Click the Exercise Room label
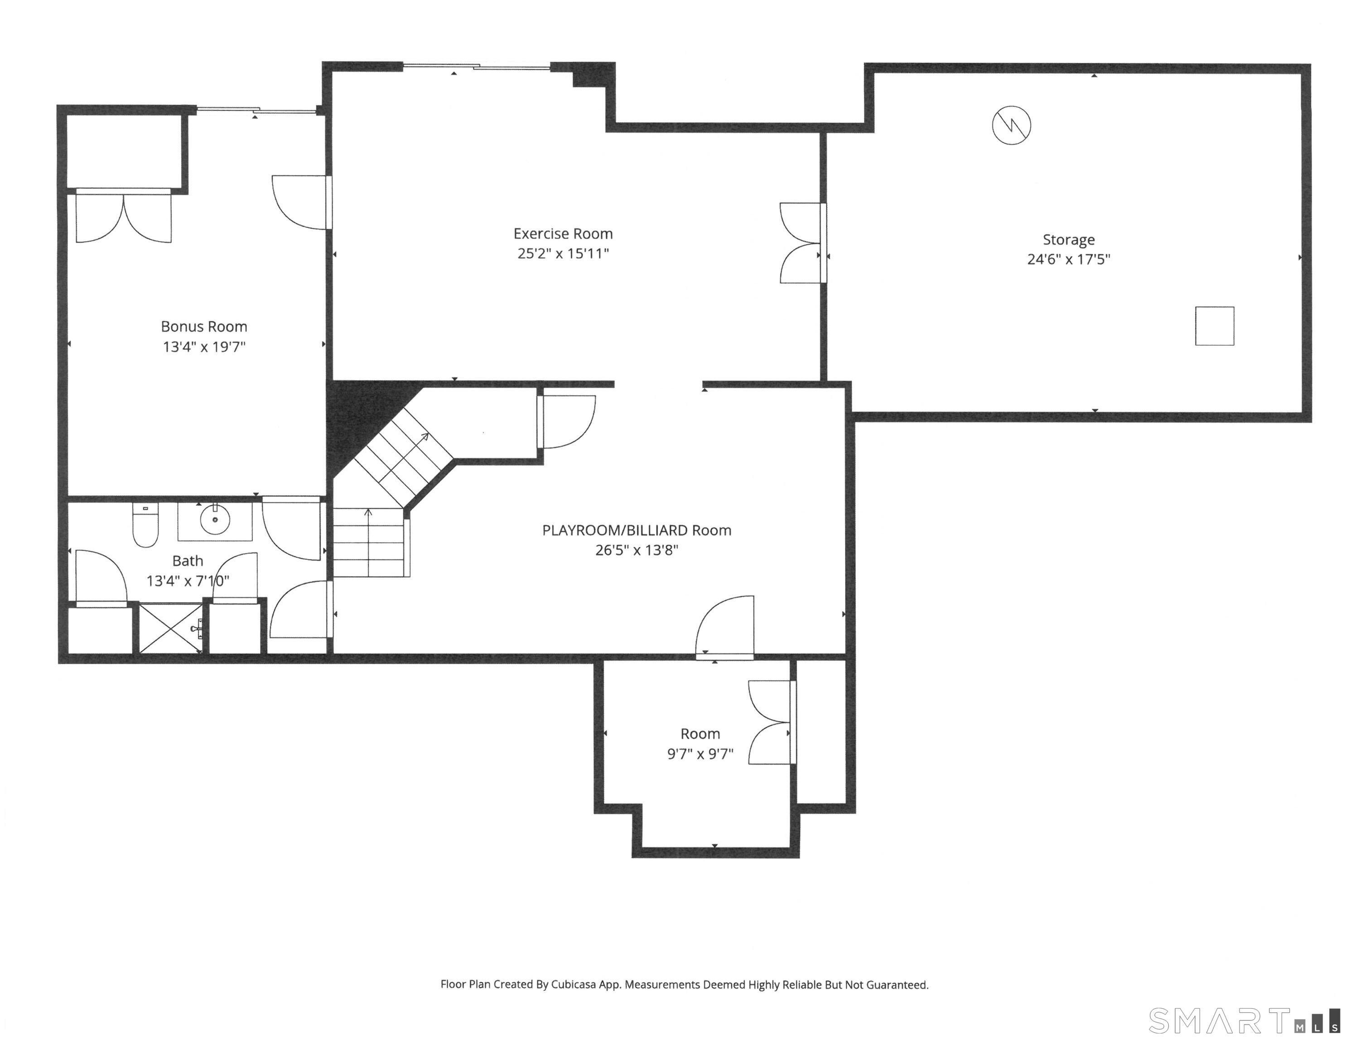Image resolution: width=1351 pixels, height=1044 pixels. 563,234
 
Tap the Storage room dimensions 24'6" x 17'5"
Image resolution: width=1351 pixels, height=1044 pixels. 1068,259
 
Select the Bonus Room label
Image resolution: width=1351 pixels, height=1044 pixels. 204,327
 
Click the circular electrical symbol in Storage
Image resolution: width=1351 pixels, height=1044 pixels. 1011,125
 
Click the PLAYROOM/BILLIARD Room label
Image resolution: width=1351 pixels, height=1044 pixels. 637,530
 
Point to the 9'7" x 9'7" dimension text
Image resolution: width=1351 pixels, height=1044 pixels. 700,754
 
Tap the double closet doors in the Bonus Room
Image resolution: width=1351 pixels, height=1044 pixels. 124,217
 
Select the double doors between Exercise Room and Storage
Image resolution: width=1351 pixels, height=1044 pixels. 803,243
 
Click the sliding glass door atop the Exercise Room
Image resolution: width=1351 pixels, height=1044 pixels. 477,66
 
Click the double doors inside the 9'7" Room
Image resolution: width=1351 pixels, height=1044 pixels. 772,722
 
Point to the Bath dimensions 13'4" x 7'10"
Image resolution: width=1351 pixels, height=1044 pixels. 188,581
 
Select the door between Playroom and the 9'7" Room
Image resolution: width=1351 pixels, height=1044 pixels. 725,626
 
